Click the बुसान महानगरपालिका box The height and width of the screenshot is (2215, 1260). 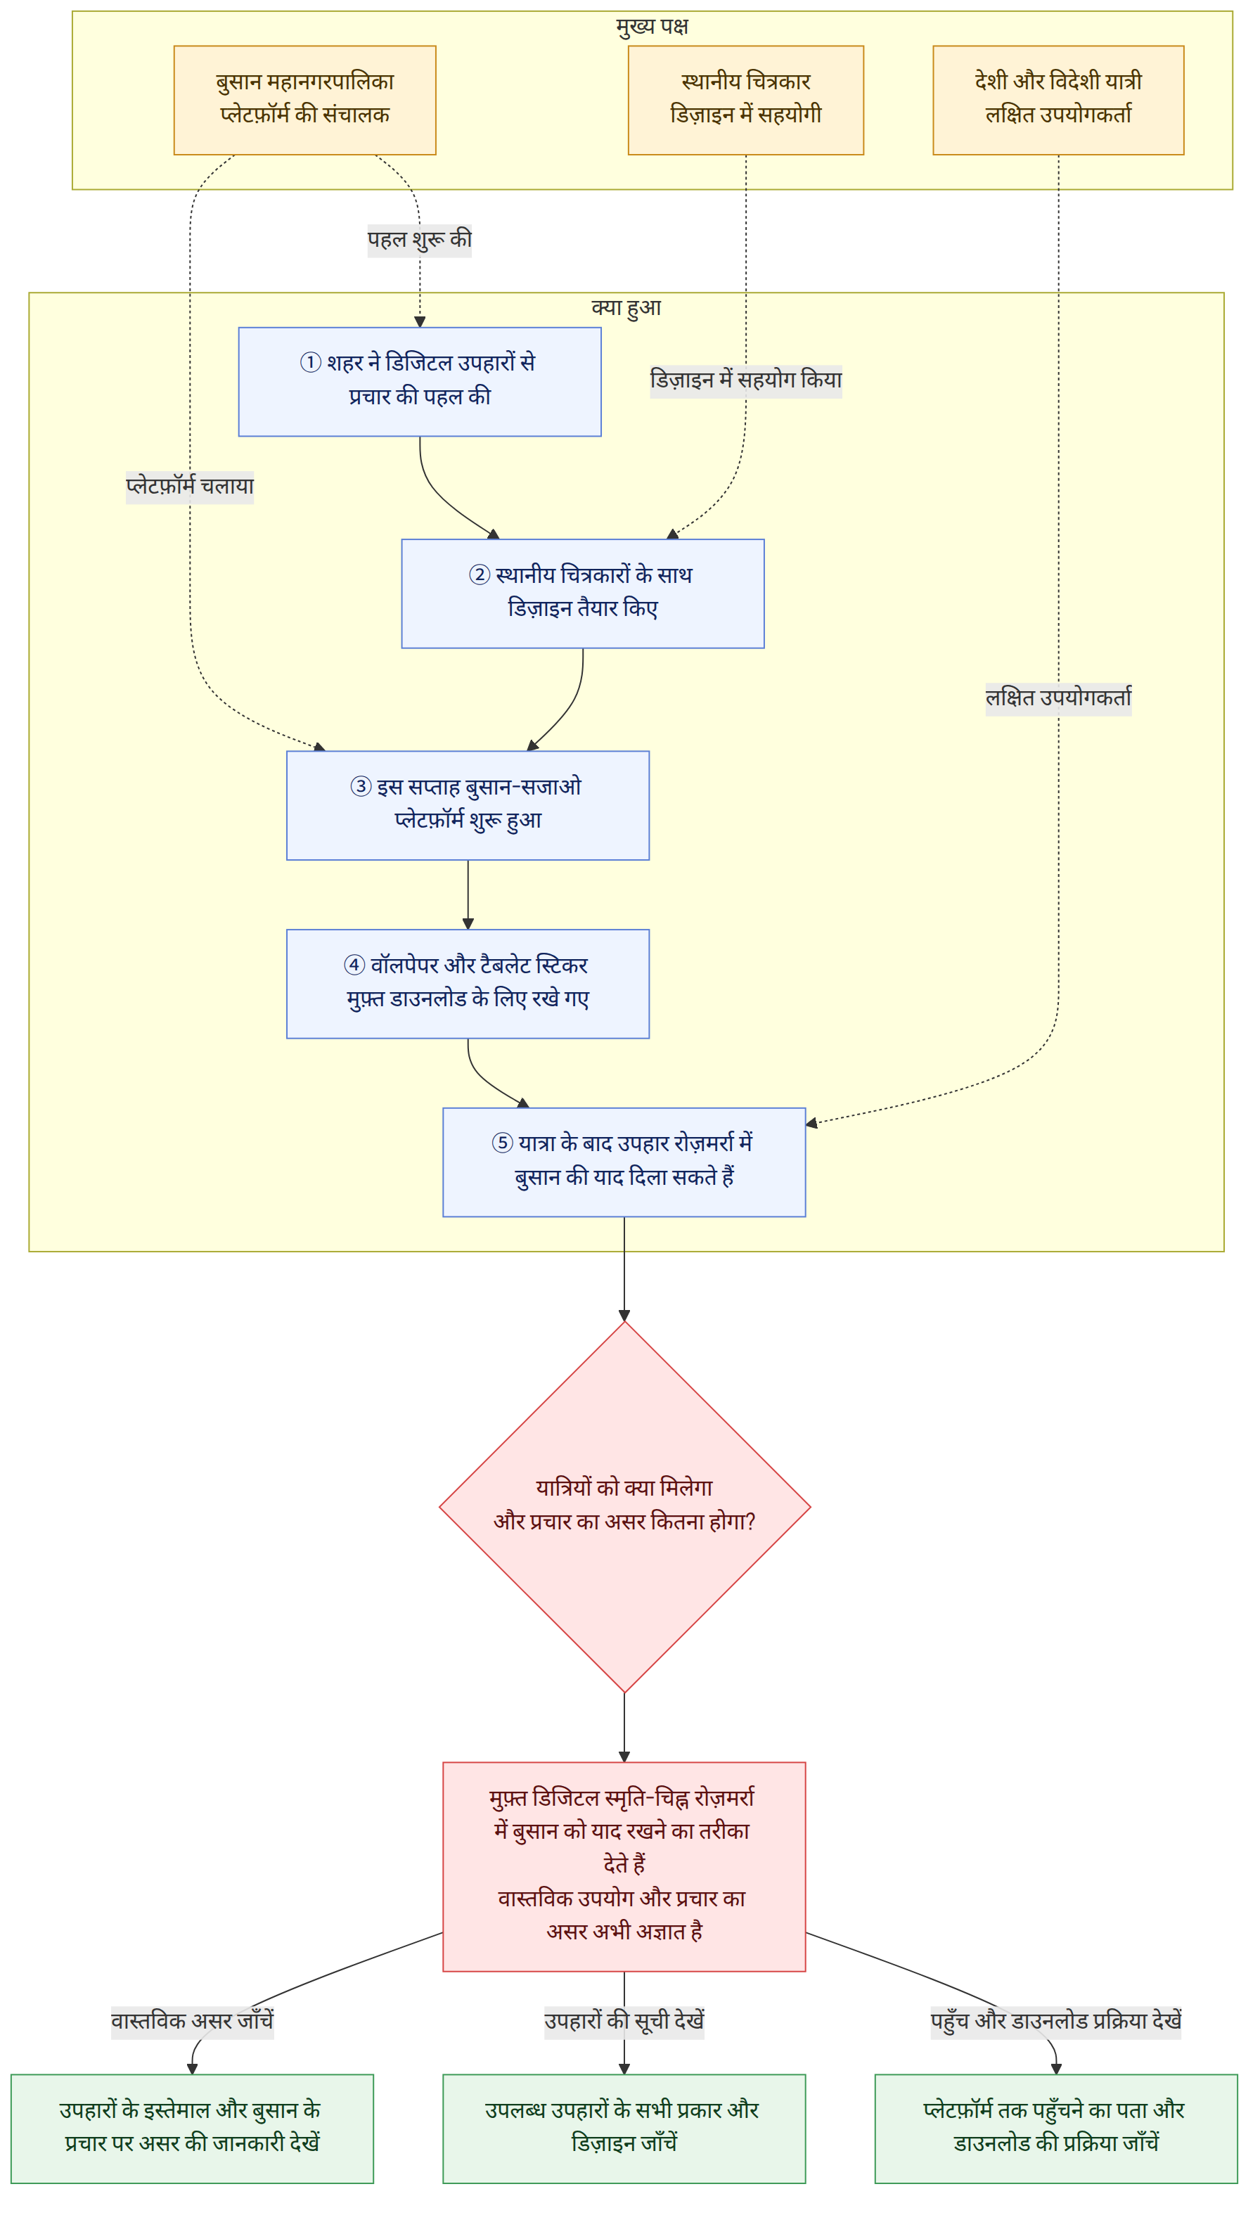(304, 101)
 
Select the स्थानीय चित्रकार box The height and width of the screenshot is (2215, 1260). (746, 101)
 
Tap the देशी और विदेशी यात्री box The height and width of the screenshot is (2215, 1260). (1058, 101)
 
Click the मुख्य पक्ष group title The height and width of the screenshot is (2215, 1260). (652, 26)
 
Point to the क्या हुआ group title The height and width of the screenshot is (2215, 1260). (626, 307)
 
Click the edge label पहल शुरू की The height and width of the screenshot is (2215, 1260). (420, 240)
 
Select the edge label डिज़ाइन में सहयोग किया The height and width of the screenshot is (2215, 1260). (746, 380)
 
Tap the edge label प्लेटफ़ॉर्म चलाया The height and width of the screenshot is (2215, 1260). (191, 487)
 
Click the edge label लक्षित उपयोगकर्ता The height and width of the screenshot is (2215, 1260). (1058, 698)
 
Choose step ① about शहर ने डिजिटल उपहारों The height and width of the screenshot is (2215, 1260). (420, 382)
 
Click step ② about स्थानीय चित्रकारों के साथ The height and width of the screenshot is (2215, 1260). (582, 593)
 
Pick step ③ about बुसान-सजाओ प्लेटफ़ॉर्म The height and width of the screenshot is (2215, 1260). (468, 806)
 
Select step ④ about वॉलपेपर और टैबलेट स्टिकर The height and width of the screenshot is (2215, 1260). (468, 984)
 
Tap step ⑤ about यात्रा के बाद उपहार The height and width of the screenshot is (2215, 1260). (624, 1162)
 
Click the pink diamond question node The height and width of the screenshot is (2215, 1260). (624, 1506)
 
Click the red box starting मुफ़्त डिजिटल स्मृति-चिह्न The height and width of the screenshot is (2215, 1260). (624, 1867)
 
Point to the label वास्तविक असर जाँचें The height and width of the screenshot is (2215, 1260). (192, 2021)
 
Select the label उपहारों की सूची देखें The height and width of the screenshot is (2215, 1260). (624, 2021)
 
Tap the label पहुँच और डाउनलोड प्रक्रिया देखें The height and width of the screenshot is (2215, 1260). (1056, 2021)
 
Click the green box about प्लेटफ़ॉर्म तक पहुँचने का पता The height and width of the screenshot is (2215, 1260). (1056, 2129)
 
